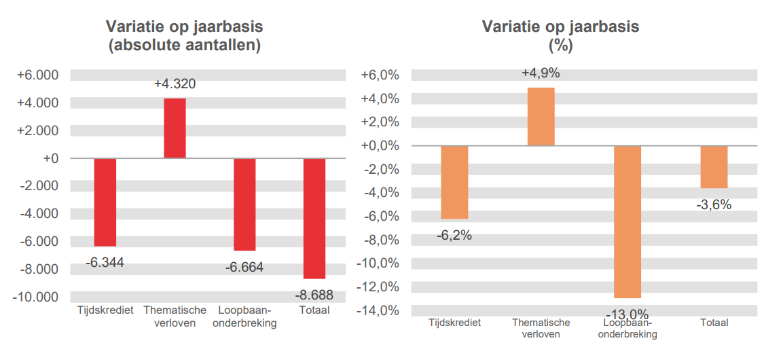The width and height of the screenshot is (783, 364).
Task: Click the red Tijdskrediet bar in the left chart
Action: click(x=105, y=202)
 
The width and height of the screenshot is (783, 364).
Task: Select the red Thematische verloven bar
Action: click(x=175, y=128)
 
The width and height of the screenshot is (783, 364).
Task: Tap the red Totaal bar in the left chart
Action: click(x=314, y=218)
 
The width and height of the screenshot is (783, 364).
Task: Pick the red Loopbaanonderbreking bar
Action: click(x=244, y=204)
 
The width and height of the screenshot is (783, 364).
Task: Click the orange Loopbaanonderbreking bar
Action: click(x=627, y=221)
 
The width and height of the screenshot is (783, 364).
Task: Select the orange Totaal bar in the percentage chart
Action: click(x=714, y=166)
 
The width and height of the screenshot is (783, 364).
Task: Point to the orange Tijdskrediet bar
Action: click(x=454, y=182)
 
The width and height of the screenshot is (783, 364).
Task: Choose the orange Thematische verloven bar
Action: click(x=541, y=116)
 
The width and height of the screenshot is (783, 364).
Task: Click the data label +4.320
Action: click(x=175, y=84)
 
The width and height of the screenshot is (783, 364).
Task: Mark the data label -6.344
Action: click(x=105, y=262)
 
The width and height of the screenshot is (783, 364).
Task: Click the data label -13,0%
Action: click(x=627, y=314)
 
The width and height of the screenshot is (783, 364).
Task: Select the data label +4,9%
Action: click(x=541, y=73)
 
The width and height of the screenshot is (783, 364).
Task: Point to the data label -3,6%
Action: click(x=714, y=204)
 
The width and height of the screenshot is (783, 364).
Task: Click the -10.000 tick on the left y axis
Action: click(x=35, y=297)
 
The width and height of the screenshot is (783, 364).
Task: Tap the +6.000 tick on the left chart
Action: click(x=37, y=75)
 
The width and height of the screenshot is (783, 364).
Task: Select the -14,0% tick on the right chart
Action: click(x=380, y=310)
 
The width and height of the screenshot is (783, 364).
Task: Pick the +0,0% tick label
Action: click(x=380, y=145)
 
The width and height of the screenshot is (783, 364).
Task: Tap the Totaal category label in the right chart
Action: click(x=714, y=323)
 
